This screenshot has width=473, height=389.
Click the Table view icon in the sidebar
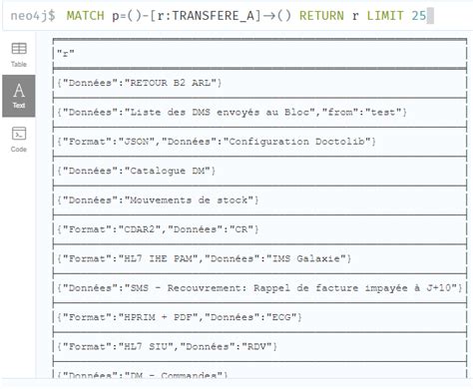tap(18, 53)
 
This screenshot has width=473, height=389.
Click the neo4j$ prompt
tap(33, 16)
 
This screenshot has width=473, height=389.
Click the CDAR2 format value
tap(141, 230)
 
